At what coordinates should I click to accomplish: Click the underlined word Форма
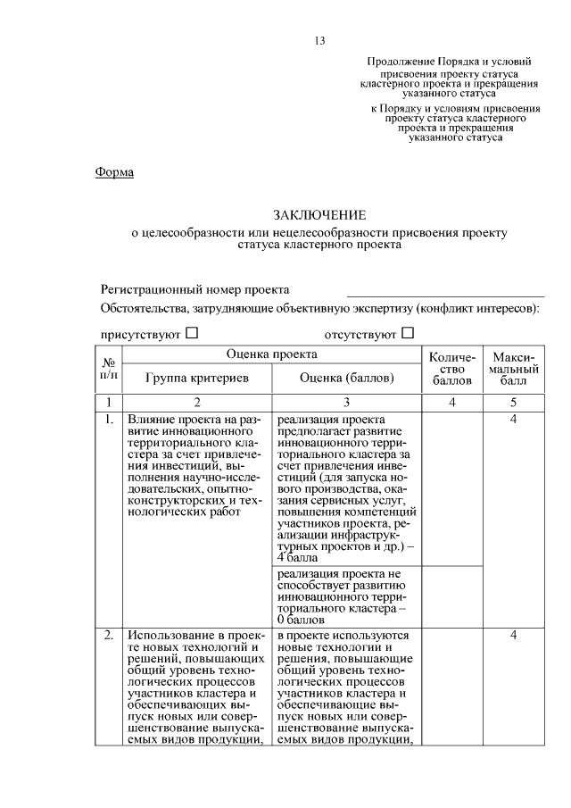tap(114, 171)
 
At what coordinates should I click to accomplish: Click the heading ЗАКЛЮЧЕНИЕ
tap(319, 215)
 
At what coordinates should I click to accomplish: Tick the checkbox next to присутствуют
tap(192, 333)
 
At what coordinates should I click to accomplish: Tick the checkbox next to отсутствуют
tap(408, 333)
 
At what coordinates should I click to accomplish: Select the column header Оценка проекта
tap(271, 354)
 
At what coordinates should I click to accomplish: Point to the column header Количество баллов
tap(452, 370)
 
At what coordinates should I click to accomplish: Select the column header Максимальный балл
tap(513, 370)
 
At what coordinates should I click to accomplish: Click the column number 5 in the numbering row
tap(513, 402)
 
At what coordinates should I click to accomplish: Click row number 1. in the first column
tap(108, 419)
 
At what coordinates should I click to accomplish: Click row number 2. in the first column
tap(108, 635)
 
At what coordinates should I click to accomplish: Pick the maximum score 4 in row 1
tap(513, 419)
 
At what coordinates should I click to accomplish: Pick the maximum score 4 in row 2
tap(513, 635)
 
